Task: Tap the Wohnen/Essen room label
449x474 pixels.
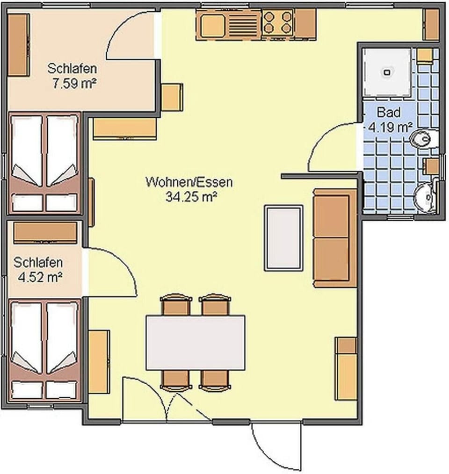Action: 188,182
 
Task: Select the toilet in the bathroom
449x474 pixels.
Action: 424,139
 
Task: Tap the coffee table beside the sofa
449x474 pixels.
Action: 283,238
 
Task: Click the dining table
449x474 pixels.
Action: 196,343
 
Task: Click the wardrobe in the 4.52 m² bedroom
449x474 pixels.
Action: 45,232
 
